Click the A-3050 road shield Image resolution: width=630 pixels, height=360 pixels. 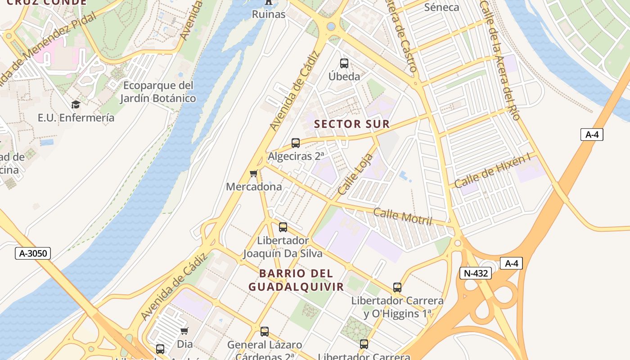pyautogui.click(x=33, y=253)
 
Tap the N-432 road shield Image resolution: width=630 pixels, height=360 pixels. pyautogui.click(x=475, y=273)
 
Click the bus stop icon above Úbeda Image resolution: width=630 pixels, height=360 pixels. pyautogui.click(x=344, y=63)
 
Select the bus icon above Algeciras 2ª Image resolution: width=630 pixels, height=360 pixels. pyautogui.click(x=296, y=143)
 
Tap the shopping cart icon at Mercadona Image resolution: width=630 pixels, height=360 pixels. pyautogui.click(x=254, y=174)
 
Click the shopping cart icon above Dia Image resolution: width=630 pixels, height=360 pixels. pyautogui.click(x=184, y=331)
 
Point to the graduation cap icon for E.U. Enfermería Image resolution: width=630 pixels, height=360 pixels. pyautogui.click(x=76, y=105)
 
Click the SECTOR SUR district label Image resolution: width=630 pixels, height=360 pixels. pyautogui.click(x=352, y=124)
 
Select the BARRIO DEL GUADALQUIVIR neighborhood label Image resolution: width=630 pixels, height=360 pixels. pyautogui.click(x=296, y=280)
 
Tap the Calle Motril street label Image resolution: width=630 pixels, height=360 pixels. pyautogui.click(x=403, y=217)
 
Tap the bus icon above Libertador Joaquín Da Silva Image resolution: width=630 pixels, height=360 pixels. pyautogui.click(x=283, y=227)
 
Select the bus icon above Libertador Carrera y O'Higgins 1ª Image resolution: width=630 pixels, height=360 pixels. pyautogui.click(x=397, y=287)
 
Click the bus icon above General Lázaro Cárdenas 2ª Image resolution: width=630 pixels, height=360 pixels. pyautogui.click(x=265, y=332)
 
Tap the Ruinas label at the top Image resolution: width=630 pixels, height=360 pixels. pyautogui.click(x=269, y=14)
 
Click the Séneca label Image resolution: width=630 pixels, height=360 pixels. pyautogui.click(x=441, y=7)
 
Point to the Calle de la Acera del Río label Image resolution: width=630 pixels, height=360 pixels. pyautogui.click(x=500, y=61)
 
